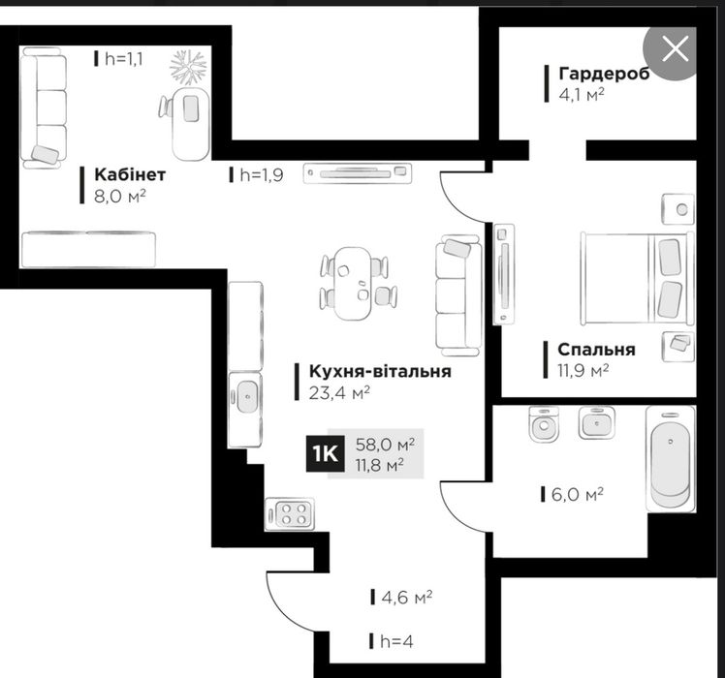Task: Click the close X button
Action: pos(675,49)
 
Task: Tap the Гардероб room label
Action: pos(604,74)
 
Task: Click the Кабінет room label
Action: pos(130,174)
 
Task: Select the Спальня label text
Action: pos(596,350)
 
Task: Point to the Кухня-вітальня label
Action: pos(380,371)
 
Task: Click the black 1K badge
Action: pos(325,454)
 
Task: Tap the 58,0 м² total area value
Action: pos(385,445)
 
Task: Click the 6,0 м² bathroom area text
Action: pos(578,495)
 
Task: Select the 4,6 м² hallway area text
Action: pos(407,598)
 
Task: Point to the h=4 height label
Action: pos(396,641)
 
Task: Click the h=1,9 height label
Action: pos(262,175)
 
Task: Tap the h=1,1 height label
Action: pos(124,59)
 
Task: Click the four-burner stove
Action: pos(290,514)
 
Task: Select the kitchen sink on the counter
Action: pos(247,396)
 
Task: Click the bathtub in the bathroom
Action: pos(671,459)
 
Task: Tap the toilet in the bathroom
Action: pos(544,424)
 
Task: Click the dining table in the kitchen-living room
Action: pos(353,284)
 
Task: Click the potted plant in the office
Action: pos(188,67)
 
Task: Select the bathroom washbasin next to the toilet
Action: pos(596,422)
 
